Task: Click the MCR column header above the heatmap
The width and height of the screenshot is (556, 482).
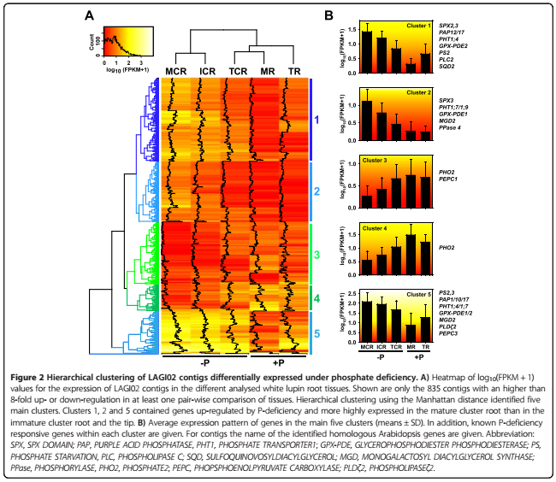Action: point(177,69)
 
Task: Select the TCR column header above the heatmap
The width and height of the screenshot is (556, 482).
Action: point(238,69)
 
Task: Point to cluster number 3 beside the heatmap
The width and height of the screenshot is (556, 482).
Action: point(317,254)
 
